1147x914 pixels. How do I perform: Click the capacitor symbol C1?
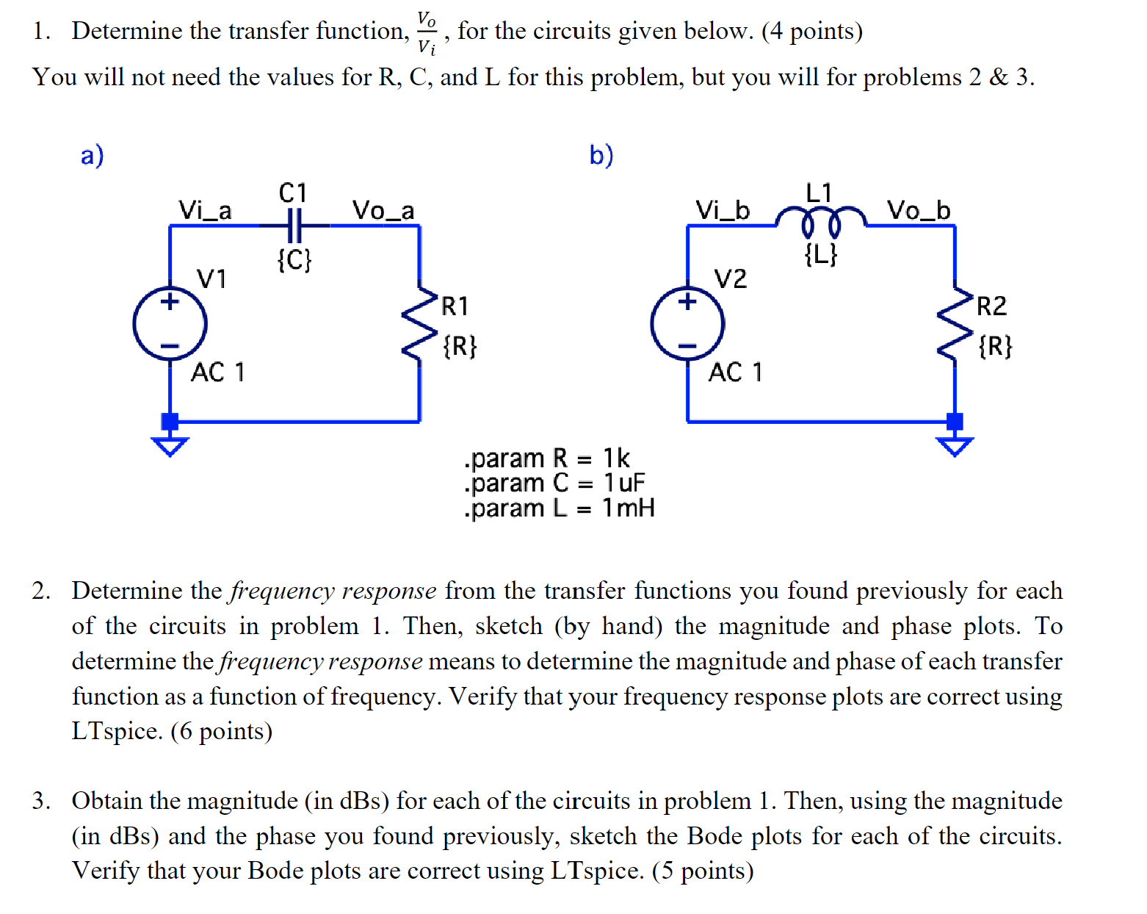(294, 225)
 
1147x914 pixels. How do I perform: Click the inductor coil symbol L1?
(821, 219)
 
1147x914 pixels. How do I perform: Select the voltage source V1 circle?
(170, 324)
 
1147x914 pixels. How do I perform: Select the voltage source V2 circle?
(687, 324)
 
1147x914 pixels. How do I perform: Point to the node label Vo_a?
(383, 211)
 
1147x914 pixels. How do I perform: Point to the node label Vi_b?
(723, 211)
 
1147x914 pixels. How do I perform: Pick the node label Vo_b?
(918, 211)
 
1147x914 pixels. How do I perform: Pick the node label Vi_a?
(205, 211)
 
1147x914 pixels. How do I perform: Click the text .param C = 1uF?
(554, 483)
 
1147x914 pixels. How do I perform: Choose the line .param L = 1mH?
(559, 508)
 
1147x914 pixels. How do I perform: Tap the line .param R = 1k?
(546, 458)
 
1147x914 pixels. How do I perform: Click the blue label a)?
(93, 156)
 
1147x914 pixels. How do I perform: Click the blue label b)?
(601, 156)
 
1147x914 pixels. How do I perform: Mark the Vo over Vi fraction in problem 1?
(427, 32)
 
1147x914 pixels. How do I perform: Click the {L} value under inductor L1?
(820, 255)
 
